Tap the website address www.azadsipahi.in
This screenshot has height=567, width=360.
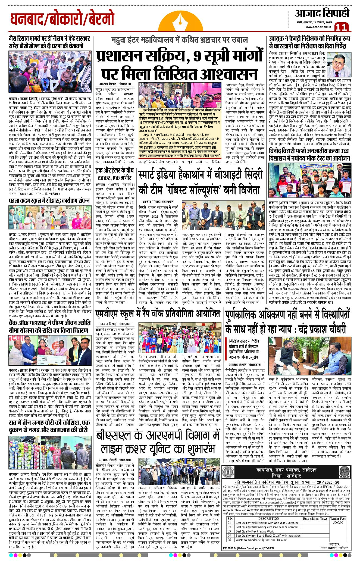[318, 27]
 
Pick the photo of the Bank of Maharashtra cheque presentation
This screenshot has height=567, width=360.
[50, 350]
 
